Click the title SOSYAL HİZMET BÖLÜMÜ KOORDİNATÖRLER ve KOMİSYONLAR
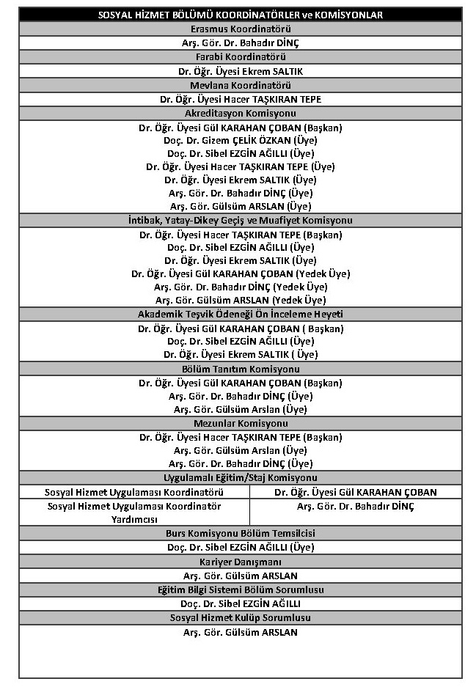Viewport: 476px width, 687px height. pyautogui.click(x=241, y=15)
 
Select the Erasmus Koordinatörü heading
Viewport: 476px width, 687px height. pyautogui.click(x=241, y=29)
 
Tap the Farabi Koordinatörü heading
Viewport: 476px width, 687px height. pyautogui.click(x=241, y=56)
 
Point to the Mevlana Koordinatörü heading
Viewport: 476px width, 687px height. pyautogui.click(x=241, y=85)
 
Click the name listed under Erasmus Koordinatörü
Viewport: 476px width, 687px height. pyautogui.click(x=241, y=43)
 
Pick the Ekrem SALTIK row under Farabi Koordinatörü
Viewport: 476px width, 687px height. pyautogui.click(x=241, y=71)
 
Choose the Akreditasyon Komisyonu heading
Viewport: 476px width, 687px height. pyautogui.click(x=241, y=113)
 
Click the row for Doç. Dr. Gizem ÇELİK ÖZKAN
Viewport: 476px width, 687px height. pyautogui.click(x=241, y=140)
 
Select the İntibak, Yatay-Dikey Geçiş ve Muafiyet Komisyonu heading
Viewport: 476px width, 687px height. pyautogui.click(x=241, y=220)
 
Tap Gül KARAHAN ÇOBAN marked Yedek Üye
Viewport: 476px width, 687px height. pyautogui.click(x=241, y=273)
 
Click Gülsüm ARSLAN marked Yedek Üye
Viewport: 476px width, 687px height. pyautogui.click(x=241, y=300)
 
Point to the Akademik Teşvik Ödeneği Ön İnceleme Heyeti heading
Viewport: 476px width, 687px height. pyautogui.click(x=241, y=314)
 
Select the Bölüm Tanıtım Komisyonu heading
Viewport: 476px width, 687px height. pyautogui.click(x=241, y=369)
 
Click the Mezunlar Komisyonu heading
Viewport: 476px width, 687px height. pyautogui.click(x=241, y=423)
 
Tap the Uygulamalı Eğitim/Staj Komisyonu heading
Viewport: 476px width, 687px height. pyautogui.click(x=241, y=478)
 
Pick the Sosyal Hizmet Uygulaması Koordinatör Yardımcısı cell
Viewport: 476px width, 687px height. pyautogui.click(x=134, y=513)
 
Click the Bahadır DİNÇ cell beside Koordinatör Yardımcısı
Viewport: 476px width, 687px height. pyautogui.click(x=356, y=507)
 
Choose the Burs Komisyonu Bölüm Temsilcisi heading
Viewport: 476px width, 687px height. pyautogui.click(x=241, y=533)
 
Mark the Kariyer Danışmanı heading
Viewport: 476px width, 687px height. pyautogui.click(x=241, y=562)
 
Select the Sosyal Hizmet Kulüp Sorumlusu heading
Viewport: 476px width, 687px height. pyautogui.click(x=241, y=618)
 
